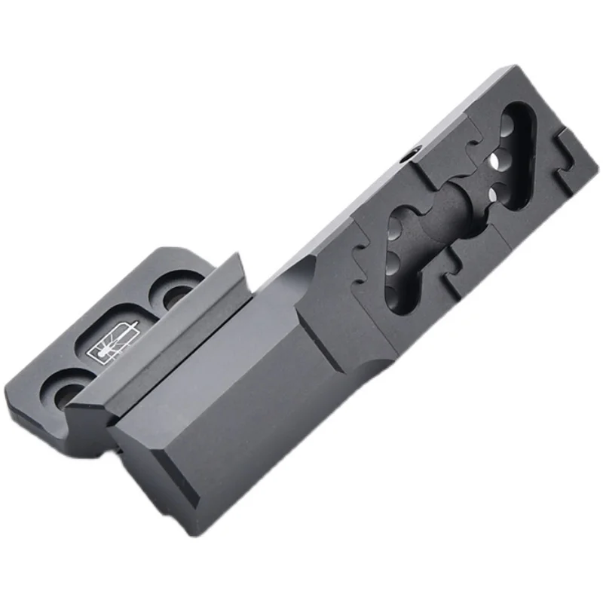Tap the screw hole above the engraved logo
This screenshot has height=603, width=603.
(175, 294)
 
